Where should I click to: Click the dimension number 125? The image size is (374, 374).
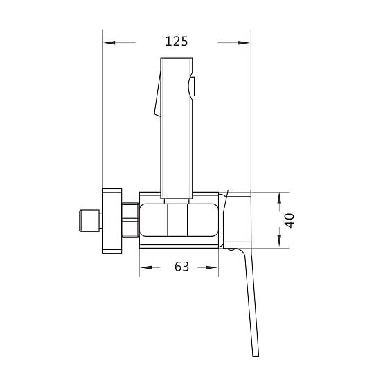[177, 42]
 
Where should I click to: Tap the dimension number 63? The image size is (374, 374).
[181, 267]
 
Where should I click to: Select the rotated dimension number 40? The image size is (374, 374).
[290, 221]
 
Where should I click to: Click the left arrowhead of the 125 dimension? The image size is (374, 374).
[109, 43]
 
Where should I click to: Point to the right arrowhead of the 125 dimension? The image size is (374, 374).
[244, 43]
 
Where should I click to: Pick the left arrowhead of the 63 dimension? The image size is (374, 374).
[146, 267]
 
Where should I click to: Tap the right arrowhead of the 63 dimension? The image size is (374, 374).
[211, 267]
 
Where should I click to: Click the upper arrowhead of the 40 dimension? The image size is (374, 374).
[279, 198]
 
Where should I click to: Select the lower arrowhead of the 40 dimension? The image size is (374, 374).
[279, 240]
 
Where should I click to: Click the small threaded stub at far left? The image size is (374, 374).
[89, 221]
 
